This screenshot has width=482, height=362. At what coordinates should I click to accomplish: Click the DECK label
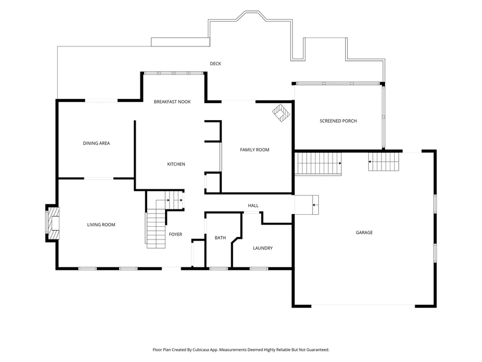click(216, 64)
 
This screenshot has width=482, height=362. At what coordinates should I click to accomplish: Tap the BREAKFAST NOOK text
click(172, 102)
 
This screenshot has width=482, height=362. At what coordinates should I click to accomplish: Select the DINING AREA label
click(96, 143)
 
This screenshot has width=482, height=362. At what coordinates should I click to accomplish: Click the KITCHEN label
click(176, 164)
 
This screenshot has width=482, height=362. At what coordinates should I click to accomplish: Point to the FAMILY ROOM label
click(254, 150)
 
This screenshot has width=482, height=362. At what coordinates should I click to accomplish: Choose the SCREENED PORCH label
click(338, 121)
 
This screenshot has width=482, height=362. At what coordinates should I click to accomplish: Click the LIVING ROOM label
click(101, 224)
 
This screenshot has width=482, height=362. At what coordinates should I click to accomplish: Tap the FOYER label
click(175, 234)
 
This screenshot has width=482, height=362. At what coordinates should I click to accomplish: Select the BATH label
click(220, 238)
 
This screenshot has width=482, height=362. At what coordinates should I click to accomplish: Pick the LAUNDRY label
click(263, 248)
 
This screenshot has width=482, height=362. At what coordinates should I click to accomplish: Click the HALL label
click(253, 205)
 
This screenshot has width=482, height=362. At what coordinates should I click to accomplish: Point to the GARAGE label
click(365, 232)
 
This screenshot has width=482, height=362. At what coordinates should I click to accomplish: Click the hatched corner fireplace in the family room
click(281, 113)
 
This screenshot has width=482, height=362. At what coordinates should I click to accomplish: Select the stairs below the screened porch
click(318, 164)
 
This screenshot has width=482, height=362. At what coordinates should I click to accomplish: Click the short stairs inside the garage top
click(384, 162)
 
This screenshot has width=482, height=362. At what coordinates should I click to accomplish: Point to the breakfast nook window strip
click(174, 73)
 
